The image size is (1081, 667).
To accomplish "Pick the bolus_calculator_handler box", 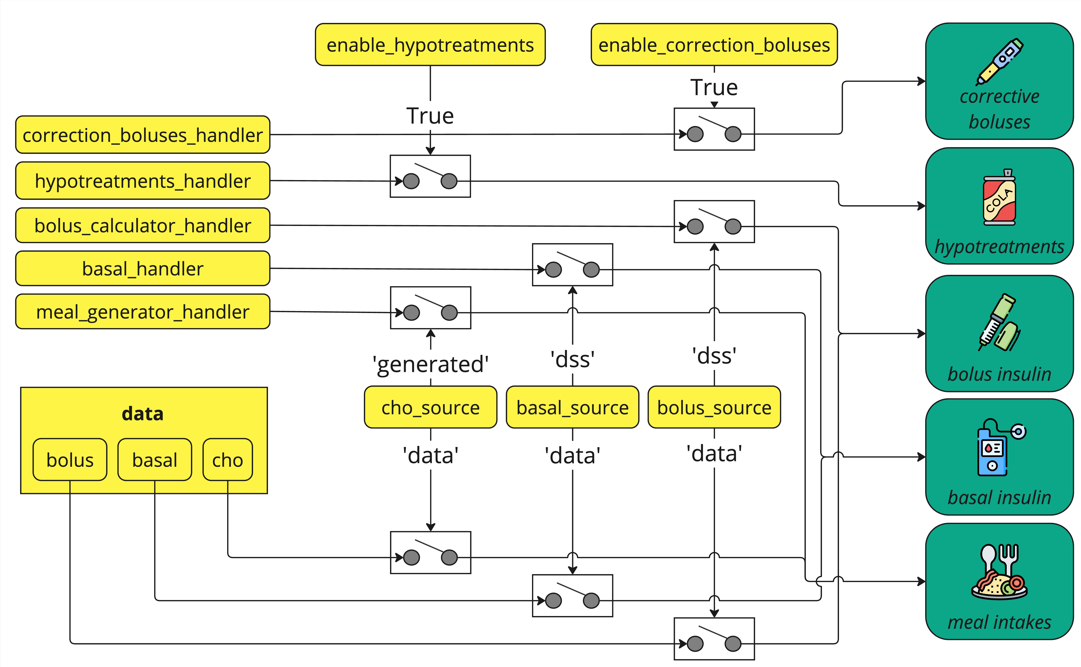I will coord(142,226).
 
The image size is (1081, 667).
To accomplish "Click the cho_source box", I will coord(431,407).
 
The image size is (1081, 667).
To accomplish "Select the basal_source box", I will coord(573,407).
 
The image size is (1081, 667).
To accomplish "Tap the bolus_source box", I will coord(714,407).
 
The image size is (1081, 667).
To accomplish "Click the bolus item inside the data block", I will coord(70,460).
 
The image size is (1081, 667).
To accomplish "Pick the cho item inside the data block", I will coord(228,460).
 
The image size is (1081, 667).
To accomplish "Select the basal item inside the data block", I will coord(154,460).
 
